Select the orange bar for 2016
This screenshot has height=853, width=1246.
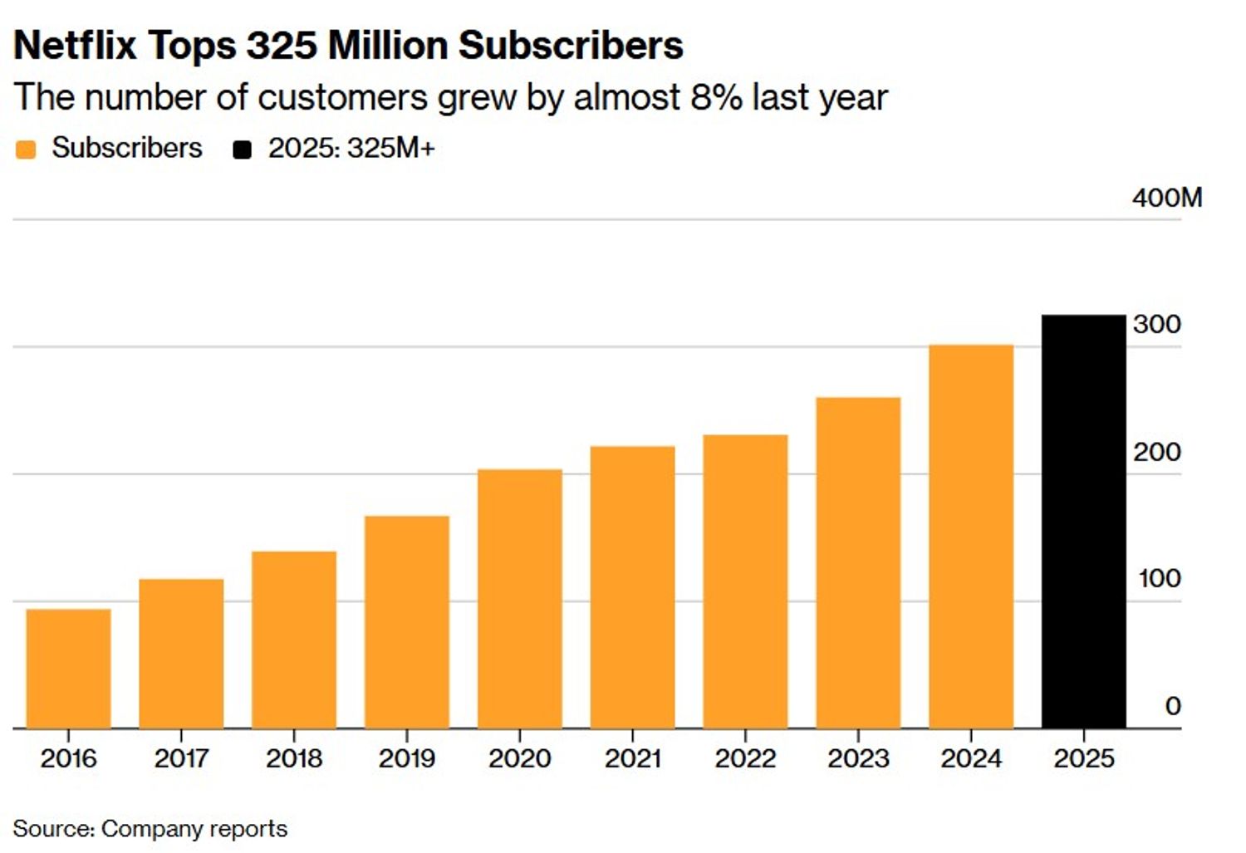[x=68, y=669]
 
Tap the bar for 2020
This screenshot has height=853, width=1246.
[x=519, y=599]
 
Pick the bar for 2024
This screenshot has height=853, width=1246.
[x=970, y=537]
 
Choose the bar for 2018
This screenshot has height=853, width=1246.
[x=294, y=640]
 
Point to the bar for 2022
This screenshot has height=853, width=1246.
[x=745, y=581]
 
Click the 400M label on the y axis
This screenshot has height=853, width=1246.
[x=1166, y=198]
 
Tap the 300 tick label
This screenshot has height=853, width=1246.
[x=1156, y=324]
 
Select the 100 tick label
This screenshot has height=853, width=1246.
[x=1159, y=578]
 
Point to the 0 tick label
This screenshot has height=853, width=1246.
[x=1172, y=705]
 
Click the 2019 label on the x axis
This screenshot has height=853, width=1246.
[x=406, y=757]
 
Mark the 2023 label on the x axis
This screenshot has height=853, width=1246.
[x=858, y=757]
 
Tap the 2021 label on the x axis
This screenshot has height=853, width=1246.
[x=632, y=757]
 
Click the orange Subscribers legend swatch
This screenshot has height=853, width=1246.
[x=26, y=150]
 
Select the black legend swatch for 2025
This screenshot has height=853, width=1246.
[x=242, y=150]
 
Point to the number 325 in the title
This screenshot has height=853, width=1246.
[x=282, y=45]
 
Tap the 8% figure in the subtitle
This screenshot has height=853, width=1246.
[x=716, y=97]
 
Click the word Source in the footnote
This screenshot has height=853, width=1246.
[x=52, y=828]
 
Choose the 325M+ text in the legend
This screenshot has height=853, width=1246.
[x=390, y=149]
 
